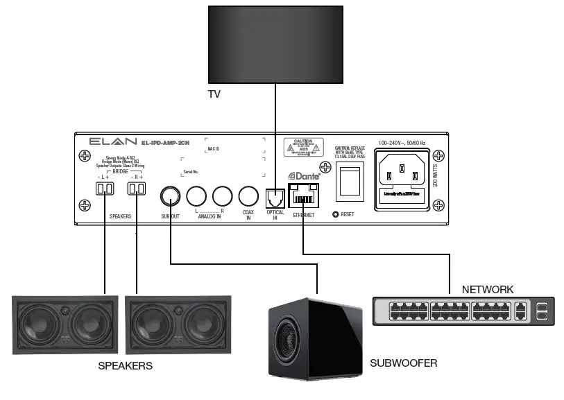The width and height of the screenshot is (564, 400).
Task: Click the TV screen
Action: (x=276, y=44)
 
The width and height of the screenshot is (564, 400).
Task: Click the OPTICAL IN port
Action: (x=276, y=197)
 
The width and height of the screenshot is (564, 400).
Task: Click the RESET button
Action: (x=336, y=214)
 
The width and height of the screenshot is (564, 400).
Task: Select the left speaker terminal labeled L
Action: (x=104, y=189)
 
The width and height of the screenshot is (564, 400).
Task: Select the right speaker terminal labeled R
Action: (x=136, y=189)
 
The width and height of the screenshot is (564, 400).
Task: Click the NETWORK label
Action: (x=487, y=289)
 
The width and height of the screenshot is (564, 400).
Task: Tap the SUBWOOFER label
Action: (x=403, y=363)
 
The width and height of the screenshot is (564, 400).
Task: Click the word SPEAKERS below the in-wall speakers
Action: (x=124, y=365)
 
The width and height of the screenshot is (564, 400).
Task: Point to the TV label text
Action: (x=214, y=94)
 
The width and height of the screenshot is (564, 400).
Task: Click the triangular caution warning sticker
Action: (x=304, y=147)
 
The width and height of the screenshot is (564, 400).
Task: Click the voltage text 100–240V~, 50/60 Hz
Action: (x=411, y=143)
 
